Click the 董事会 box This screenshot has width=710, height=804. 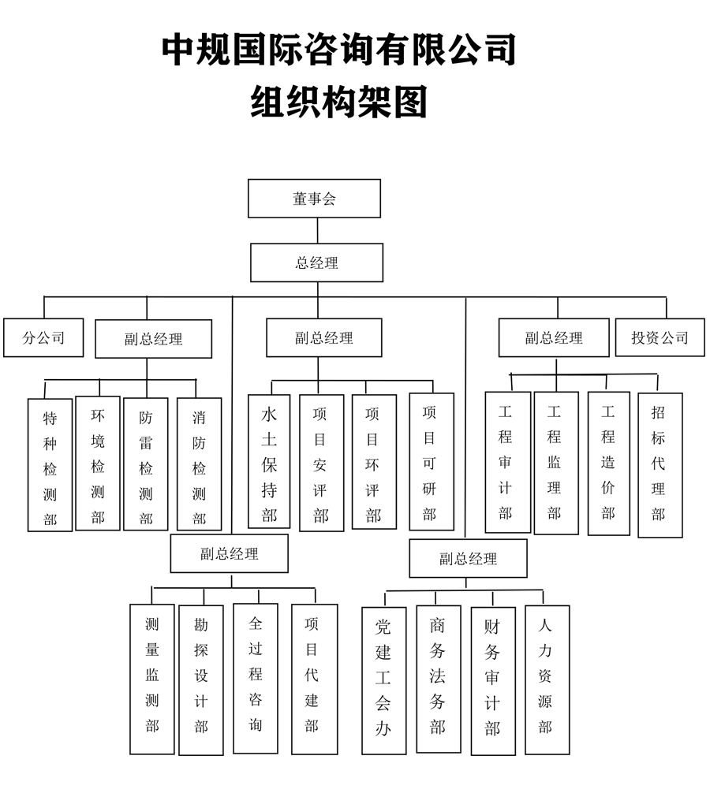point(314,199)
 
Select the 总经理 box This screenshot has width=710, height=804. point(316,262)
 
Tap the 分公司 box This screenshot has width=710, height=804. point(43,338)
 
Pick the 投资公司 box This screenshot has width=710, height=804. point(660,337)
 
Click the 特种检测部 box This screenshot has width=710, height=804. point(50,463)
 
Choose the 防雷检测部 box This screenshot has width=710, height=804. point(146,463)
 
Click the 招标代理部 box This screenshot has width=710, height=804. point(660,463)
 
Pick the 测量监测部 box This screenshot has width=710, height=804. point(152,678)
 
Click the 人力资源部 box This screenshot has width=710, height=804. point(546,678)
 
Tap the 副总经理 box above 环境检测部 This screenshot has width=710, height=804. point(153,339)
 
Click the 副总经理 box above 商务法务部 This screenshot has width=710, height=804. point(468,559)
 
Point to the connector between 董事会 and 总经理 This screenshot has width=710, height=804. point(317,230)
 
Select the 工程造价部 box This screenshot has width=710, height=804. point(608,462)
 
